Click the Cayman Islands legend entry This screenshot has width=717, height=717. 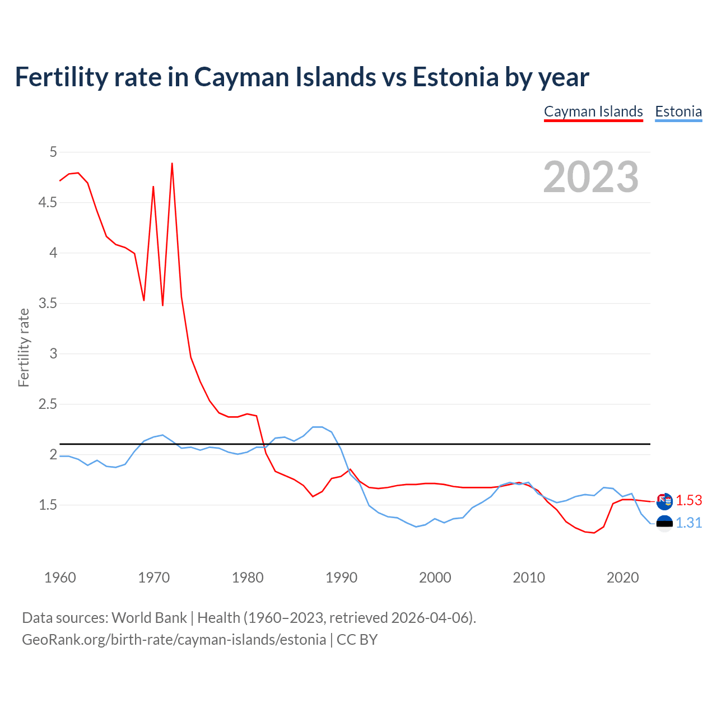coord(593,111)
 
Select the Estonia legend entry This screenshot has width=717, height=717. coord(678,111)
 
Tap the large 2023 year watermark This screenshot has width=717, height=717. coord(591,177)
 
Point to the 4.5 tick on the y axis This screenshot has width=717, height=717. coord(48,202)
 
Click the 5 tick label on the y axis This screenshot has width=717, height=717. coord(53,152)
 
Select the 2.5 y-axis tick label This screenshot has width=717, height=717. coord(48,404)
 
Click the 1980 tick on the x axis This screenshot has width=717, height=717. coord(248,578)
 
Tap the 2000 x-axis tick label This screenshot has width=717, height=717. coord(435,578)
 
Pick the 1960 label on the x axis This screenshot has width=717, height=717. coord(60,578)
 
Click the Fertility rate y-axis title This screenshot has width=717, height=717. coord(24,347)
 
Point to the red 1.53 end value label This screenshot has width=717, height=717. coord(689,500)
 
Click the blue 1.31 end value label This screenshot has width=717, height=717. coord(689,523)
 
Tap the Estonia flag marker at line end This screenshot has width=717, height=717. coord(664,523)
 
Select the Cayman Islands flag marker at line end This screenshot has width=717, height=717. coord(664,501)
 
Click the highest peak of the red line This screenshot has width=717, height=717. coord(172,164)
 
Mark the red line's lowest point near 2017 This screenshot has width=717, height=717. coord(594,533)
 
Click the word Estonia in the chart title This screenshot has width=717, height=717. coord(455,77)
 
